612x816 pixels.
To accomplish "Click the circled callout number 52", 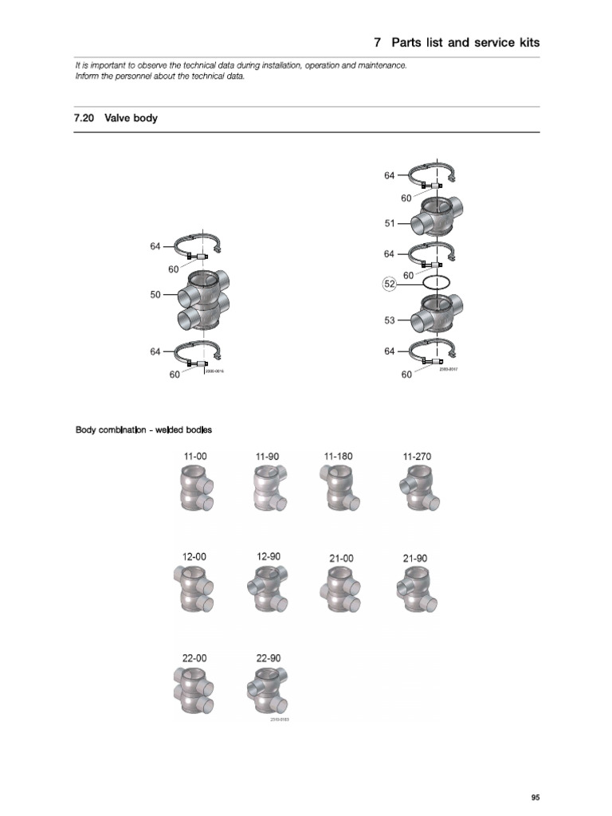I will [x=390, y=283].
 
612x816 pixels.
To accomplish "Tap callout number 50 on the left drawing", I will [x=155, y=295].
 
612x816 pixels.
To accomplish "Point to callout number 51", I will [x=390, y=224].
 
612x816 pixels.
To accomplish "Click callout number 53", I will [x=390, y=321].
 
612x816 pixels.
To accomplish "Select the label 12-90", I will [x=269, y=556].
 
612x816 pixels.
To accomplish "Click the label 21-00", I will [x=341, y=559].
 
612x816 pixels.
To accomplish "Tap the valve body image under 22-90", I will [x=269, y=691].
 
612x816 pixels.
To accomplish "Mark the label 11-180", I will [x=338, y=456].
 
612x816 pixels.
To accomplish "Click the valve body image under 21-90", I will [x=415, y=592].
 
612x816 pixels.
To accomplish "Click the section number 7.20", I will [x=84, y=119].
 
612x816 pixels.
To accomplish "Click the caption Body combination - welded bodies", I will [x=143, y=430].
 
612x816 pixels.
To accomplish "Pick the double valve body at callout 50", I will [x=202, y=302].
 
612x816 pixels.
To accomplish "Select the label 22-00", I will [x=194, y=658].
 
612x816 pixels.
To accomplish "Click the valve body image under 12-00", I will [x=195, y=592].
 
